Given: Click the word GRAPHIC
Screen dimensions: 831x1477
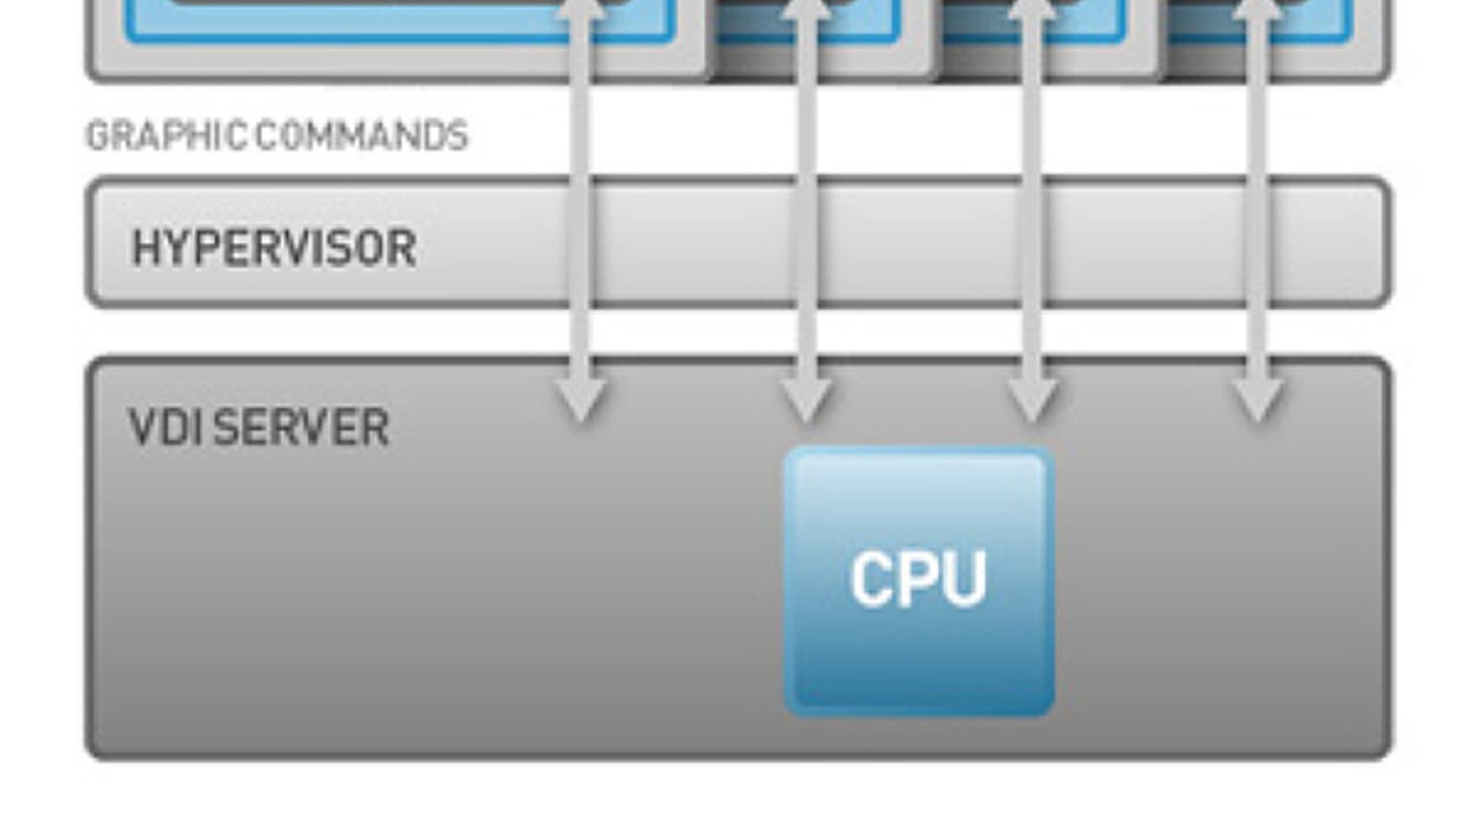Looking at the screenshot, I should pos(165,137).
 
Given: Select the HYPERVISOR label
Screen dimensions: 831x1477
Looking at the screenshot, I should pos(274,247).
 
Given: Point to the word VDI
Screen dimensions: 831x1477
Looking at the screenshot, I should pos(164,428).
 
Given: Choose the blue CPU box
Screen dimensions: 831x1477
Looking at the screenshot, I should pos(919,581).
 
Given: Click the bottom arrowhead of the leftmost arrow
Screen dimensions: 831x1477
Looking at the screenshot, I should pos(581,398).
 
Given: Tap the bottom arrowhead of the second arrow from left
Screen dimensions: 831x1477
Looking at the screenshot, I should pos(806,398).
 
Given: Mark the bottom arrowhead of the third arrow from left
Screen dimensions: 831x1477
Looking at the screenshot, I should pos(1031,398).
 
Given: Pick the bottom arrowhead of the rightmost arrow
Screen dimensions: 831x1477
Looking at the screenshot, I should pos(1256,398).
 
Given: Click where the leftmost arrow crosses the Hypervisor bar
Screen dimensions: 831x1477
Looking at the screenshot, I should pos(581,243).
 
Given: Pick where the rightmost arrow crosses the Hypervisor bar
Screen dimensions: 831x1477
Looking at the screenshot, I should pos(1256,243).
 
